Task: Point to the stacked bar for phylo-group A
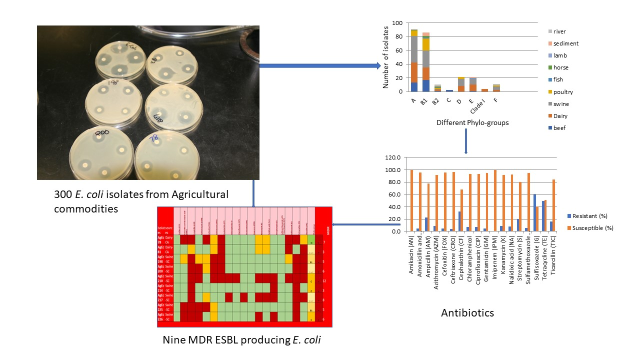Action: [x=414, y=60]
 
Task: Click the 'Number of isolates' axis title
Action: [x=386, y=57]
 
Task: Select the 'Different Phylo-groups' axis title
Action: [x=472, y=122]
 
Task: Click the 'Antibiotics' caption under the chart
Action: [x=467, y=313]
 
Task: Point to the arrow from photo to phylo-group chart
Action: [x=320, y=65]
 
